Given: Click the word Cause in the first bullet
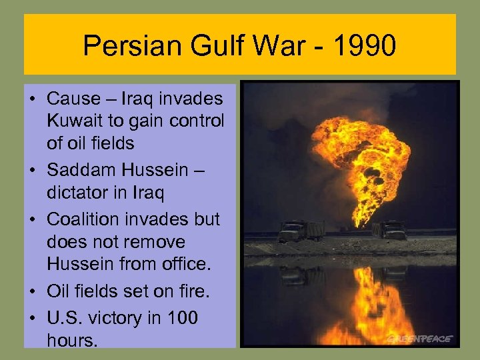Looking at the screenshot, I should pyautogui.click(x=72, y=99).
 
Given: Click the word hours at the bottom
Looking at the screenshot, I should pyautogui.click(x=72, y=341).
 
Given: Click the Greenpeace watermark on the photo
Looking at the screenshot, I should pyautogui.click(x=420, y=338).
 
